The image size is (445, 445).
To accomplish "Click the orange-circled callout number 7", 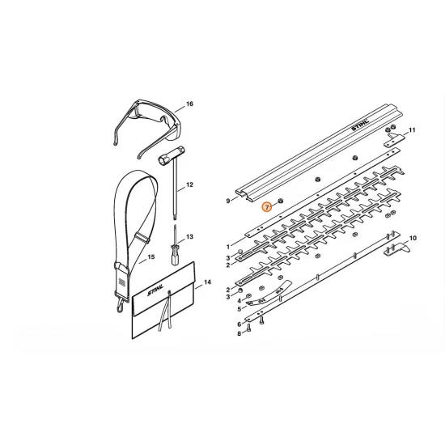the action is click(x=267, y=207).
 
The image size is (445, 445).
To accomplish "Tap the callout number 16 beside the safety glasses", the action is click(x=189, y=104).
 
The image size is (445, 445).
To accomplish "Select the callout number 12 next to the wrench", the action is click(x=189, y=184).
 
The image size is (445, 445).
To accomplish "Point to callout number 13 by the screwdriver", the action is click(x=189, y=237).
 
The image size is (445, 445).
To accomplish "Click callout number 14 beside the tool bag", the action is click(x=207, y=282).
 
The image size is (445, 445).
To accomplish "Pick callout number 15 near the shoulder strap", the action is click(x=151, y=256).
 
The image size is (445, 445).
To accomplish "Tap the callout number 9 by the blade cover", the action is click(x=228, y=201).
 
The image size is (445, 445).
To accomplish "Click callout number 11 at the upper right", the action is click(x=412, y=130).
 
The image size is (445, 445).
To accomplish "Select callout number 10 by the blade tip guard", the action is click(x=413, y=238).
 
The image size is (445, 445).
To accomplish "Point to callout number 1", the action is click(x=228, y=247).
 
